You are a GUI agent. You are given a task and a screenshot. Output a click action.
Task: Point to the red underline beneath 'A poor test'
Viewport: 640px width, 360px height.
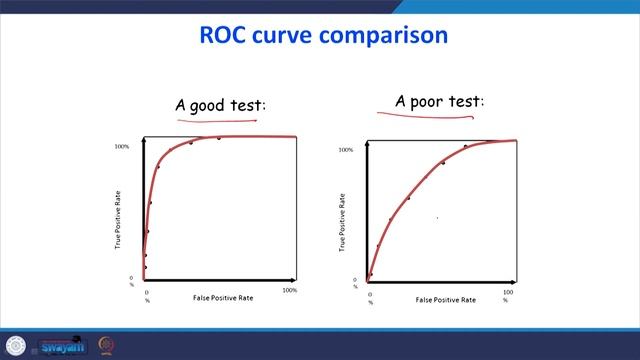(425, 116)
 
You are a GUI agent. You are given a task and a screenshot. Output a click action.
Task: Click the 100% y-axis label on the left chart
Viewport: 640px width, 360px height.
(122, 147)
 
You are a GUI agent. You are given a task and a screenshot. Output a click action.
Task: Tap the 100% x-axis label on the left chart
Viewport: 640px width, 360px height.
(290, 290)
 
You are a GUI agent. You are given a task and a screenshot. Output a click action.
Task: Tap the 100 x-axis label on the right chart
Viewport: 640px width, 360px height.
(508, 293)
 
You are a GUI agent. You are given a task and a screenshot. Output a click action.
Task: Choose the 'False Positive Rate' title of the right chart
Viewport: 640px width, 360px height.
(445, 299)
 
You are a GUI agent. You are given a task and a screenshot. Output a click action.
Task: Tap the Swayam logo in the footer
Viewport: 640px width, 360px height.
(62, 346)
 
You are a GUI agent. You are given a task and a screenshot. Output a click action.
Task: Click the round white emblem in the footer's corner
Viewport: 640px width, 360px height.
(15, 346)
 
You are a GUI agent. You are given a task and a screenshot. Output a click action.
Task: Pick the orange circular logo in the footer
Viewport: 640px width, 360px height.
(106, 346)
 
